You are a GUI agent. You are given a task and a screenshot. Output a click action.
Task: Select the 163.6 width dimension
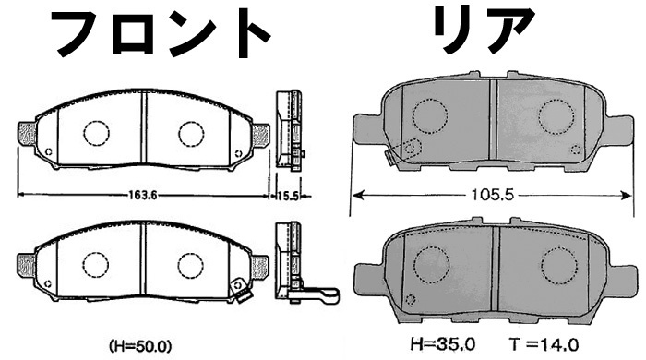click(143, 195)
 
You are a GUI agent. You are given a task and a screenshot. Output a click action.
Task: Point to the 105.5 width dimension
click(495, 196)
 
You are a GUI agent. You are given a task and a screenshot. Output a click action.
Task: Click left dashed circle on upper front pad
click(96, 132)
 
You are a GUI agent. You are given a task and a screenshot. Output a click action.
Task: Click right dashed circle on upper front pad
click(191, 132)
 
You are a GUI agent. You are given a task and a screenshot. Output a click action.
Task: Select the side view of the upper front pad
click(290, 132)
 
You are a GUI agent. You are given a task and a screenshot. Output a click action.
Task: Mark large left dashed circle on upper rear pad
click(430, 115)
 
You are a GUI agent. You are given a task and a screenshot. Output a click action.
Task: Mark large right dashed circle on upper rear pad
click(556, 114)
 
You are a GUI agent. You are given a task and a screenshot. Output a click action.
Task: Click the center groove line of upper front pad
click(143, 134)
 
